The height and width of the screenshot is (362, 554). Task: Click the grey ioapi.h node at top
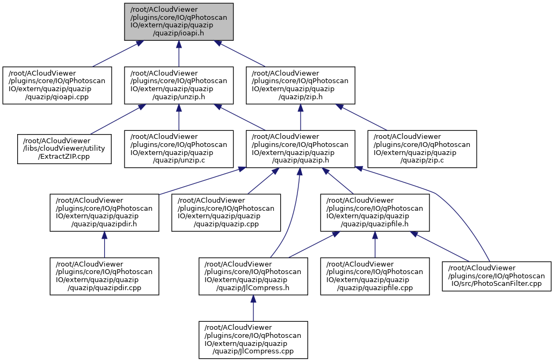click(179, 21)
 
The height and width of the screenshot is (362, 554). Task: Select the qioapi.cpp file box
click(57, 85)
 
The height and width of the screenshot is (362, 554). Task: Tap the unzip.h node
click(179, 85)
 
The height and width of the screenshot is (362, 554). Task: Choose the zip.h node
click(301, 85)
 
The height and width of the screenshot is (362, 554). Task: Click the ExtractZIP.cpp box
click(64, 149)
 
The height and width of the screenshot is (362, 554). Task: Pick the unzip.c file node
click(179, 149)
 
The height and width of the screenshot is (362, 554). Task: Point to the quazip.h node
click(300, 149)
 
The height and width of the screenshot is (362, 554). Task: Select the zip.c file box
click(422, 149)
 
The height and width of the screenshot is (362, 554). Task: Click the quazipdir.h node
click(104, 212)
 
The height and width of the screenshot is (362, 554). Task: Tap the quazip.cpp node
click(225, 212)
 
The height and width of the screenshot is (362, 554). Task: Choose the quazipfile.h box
click(375, 212)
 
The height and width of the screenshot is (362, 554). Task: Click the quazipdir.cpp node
click(104, 276)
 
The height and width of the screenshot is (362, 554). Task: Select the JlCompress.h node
click(253, 276)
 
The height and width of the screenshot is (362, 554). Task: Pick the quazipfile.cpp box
click(375, 276)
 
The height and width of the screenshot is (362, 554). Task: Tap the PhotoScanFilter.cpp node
click(497, 276)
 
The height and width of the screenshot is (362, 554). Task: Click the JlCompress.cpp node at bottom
click(253, 340)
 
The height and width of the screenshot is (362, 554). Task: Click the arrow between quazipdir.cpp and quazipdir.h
click(104, 245)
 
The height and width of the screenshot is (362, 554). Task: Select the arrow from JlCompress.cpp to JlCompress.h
click(253, 308)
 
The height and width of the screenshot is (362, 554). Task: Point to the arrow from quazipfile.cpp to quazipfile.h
click(375, 245)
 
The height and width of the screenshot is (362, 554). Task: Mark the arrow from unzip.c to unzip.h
click(179, 117)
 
